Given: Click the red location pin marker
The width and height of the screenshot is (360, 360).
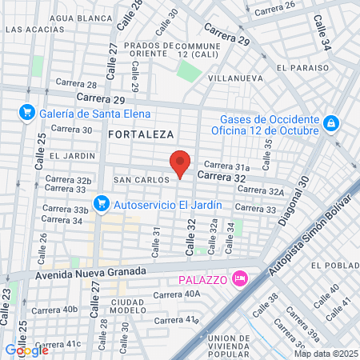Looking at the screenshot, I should coord(181,163).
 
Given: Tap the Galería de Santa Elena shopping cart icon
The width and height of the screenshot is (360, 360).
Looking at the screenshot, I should coord(27,112).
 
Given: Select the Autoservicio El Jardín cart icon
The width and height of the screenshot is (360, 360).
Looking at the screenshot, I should coord(102,204).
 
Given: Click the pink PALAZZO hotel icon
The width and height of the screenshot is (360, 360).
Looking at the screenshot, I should coord(238,278).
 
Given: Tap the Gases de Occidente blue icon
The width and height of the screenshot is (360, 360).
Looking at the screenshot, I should coord(331,124).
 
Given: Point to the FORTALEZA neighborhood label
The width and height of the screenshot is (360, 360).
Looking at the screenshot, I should coord(142,135).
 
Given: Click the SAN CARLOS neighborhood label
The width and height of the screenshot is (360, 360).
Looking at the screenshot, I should coord(142,180).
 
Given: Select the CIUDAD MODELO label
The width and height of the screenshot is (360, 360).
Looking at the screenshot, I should coord(128,305).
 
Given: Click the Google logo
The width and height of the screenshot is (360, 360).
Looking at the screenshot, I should coord(26,350).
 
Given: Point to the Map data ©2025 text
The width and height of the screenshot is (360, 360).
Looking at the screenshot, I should coord(326,354).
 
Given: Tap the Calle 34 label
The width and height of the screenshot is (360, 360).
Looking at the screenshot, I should coord(322,33).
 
